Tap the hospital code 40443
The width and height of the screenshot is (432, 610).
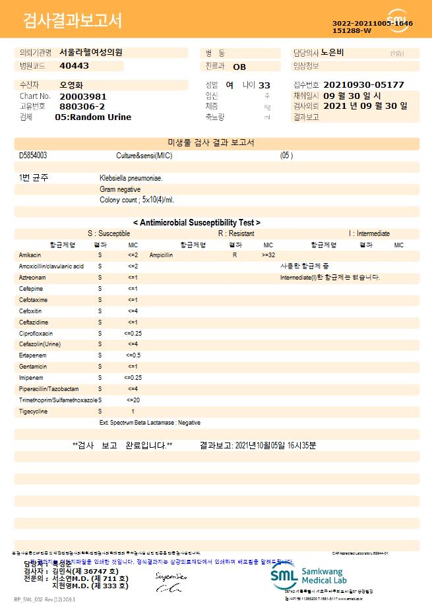click(x=74, y=66)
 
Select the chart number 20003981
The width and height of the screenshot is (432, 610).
click(x=82, y=96)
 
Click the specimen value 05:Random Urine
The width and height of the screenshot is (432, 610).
click(x=93, y=117)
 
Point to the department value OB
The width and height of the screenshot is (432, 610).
click(x=239, y=67)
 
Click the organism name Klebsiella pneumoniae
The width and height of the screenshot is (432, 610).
click(x=131, y=178)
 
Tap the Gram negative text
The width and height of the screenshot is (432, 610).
click(x=120, y=189)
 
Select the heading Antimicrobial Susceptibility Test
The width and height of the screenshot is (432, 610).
click(x=197, y=223)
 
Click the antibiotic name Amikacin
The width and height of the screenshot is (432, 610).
click(x=30, y=255)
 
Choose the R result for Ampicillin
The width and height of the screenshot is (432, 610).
click(x=234, y=255)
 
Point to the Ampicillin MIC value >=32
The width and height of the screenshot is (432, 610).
click(x=268, y=255)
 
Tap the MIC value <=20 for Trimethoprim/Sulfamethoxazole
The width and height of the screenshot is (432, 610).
click(x=133, y=400)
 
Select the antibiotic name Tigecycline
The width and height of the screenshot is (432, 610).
click(x=33, y=412)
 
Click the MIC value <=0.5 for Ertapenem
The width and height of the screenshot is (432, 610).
click(x=133, y=355)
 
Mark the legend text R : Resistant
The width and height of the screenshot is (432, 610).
click(x=236, y=233)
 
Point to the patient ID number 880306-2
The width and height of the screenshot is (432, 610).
click(x=82, y=106)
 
